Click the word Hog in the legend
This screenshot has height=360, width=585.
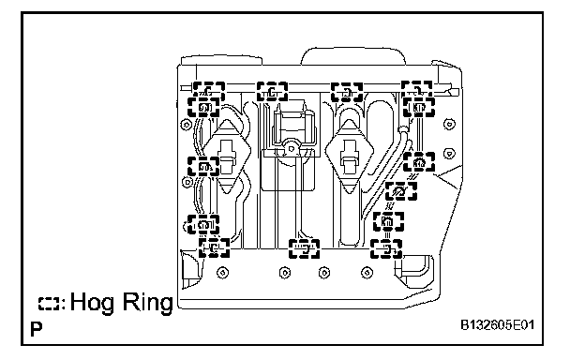(x=92, y=303)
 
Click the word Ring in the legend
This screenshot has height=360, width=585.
(x=148, y=303)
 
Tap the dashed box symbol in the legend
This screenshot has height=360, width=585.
(x=50, y=304)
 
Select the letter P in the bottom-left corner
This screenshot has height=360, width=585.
(x=37, y=329)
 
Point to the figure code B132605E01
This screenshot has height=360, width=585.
(x=498, y=325)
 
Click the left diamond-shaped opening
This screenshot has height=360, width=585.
(x=227, y=157)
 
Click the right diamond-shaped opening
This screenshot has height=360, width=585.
(x=349, y=157)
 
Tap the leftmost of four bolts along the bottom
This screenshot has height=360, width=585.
(x=223, y=273)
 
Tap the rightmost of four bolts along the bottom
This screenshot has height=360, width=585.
(x=367, y=273)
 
